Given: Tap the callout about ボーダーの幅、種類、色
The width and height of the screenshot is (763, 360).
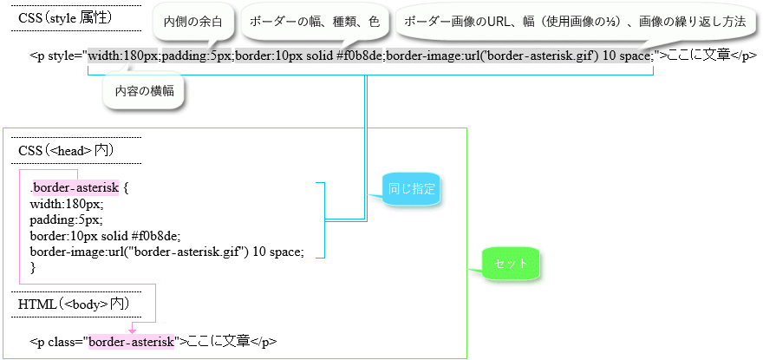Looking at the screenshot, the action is pyautogui.click(x=315, y=23).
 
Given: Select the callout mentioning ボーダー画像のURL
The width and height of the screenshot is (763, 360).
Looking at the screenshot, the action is pyautogui.click(x=575, y=23).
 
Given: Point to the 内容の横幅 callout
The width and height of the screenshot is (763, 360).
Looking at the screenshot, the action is pyautogui.click(x=145, y=91).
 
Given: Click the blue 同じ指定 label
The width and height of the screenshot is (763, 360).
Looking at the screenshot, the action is pyautogui.click(x=410, y=189).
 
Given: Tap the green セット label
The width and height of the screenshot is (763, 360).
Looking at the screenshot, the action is pyautogui.click(x=511, y=264).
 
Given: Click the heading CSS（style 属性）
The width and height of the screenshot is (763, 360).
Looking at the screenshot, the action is pyautogui.click(x=66, y=18).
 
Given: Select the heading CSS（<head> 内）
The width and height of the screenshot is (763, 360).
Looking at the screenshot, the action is pyautogui.click(x=66, y=151).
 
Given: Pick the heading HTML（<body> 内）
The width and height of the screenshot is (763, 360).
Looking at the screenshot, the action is pyautogui.click(x=74, y=304).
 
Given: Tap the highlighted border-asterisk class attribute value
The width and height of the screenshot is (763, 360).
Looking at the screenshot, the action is pyautogui.click(x=132, y=341).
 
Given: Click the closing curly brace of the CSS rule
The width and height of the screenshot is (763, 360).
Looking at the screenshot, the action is pyautogui.click(x=33, y=266).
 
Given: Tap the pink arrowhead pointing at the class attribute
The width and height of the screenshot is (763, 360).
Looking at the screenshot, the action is pyautogui.click(x=132, y=331).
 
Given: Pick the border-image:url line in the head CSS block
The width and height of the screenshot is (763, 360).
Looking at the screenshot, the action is pyautogui.click(x=166, y=252).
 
